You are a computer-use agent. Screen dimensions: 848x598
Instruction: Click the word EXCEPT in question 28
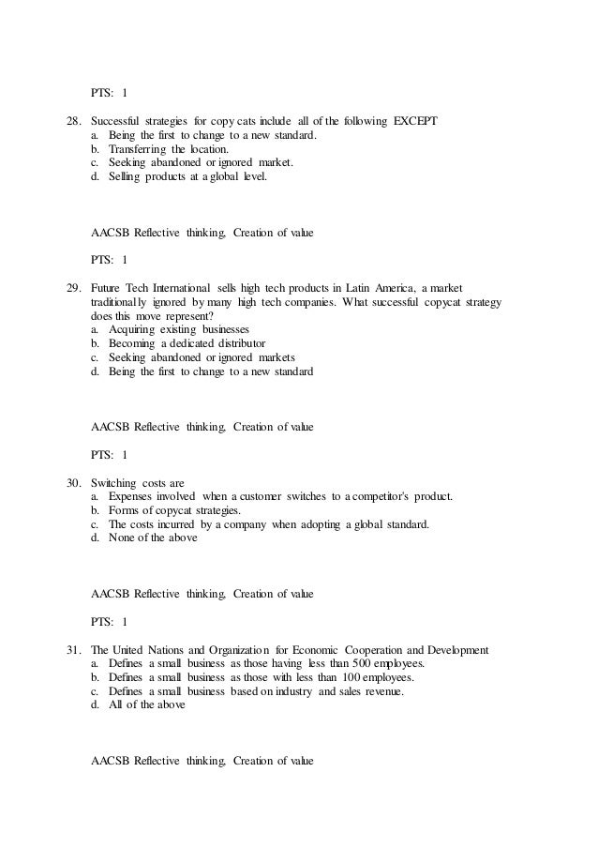point(410,121)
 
